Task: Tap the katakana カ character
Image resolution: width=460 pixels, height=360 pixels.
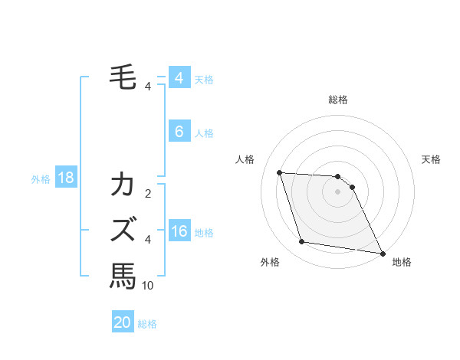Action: [123, 186]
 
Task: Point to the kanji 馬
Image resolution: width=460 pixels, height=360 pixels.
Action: [123, 275]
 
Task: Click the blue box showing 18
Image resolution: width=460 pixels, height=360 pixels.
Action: [65, 178]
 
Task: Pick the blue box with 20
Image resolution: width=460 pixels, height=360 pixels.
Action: [123, 322]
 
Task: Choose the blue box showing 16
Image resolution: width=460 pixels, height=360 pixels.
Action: [179, 232]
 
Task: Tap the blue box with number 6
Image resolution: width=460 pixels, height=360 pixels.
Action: [179, 132]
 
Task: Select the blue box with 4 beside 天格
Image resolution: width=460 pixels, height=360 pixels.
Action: [179, 78]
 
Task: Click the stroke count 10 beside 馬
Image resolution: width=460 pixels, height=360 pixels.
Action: [148, 286]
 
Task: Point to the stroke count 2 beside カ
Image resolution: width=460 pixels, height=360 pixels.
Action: [148, 194]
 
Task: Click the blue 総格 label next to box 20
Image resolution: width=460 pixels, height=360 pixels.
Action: [147, 324]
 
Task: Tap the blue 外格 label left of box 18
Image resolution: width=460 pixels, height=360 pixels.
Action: [41, 179]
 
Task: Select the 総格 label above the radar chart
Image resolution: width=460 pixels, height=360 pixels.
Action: [338, 100]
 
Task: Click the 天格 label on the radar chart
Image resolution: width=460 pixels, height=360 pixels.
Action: [431, 159]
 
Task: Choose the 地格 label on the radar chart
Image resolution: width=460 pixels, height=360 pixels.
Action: [402, 262]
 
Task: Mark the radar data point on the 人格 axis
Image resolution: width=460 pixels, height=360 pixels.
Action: [279, 172]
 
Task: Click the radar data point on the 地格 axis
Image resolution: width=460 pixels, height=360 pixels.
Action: [382, 252]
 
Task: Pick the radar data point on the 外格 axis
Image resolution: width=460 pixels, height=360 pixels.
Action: [302, 242]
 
